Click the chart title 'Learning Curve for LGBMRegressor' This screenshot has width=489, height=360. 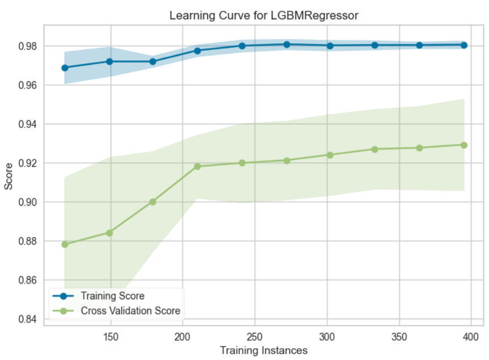tap(264, 15)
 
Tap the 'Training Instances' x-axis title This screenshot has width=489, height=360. tap(264, 350)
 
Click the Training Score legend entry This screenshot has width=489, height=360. tap(112, 296)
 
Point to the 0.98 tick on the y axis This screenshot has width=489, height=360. tap(29, 46)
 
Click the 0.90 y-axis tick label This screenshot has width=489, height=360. tap(29, 202)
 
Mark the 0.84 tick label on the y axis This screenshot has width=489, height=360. tap(29, 319)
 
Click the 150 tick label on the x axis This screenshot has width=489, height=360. tap(111, 335)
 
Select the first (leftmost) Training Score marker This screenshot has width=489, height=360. tap(65, 68)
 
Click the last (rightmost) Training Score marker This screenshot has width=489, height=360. tap(464, 45)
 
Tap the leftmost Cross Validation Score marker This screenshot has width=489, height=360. tap(65, 244)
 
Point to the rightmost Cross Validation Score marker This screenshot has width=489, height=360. tap(464, 145)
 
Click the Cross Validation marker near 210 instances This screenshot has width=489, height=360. tap(197, 167)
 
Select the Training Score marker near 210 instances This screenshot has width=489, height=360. tap(197, 50)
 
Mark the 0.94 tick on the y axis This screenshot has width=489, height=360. tap(29, 124)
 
